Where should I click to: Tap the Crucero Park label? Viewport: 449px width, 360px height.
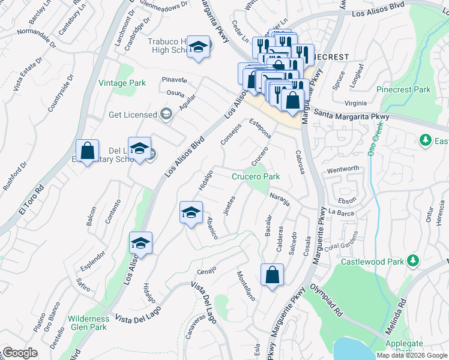[256, 176]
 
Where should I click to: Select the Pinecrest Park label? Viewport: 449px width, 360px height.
[403, 89]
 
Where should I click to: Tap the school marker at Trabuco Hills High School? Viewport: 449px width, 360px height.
[197, 48]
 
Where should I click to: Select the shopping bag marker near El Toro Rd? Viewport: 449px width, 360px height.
[88, 151]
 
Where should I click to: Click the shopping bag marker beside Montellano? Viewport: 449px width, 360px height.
[272, 275]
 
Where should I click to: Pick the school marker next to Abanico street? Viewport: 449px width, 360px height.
[191, 213]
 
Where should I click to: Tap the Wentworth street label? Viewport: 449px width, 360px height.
[343, 169]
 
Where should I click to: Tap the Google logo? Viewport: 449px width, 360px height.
[20, 353]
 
